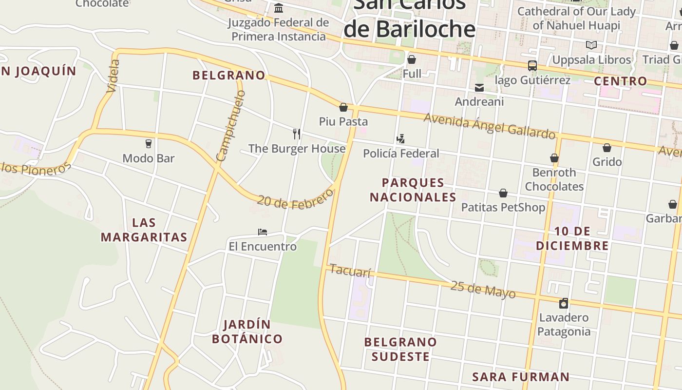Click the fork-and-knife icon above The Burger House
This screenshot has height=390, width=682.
click(x=296, y=134)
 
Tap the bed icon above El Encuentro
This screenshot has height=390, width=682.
click(x=263, y=232)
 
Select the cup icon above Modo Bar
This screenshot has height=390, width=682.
click(x=149, y=143)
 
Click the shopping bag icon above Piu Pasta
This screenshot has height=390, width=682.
click(x=343, y=107)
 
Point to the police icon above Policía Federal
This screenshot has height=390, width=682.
click(x=400, y=139)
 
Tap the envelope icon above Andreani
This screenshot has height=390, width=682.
click(x=479, y=87)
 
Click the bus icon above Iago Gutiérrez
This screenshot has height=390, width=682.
click(x=532, y=65)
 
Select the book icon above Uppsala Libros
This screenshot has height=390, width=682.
click(x=591, y=45)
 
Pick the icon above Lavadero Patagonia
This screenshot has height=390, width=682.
click(x=564, y=303)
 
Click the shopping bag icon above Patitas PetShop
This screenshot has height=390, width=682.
click(x=503, y=194)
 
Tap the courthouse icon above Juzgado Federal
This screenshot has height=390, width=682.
click(x=279, y=8)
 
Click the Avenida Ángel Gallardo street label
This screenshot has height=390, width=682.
click(x=489, y=126)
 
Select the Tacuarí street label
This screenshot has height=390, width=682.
click(x=350, y=271)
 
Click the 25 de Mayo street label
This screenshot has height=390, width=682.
click(x=483, y=289)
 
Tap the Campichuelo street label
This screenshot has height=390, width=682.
click(x=230, y=126)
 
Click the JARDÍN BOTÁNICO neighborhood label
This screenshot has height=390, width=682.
click(x=247, y=331)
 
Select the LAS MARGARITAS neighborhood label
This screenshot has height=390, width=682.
click(x=144, y=230)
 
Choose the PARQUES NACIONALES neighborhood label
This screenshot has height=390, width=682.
click(x=413, y=190)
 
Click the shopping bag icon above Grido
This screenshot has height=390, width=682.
click(x=607, y=148)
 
